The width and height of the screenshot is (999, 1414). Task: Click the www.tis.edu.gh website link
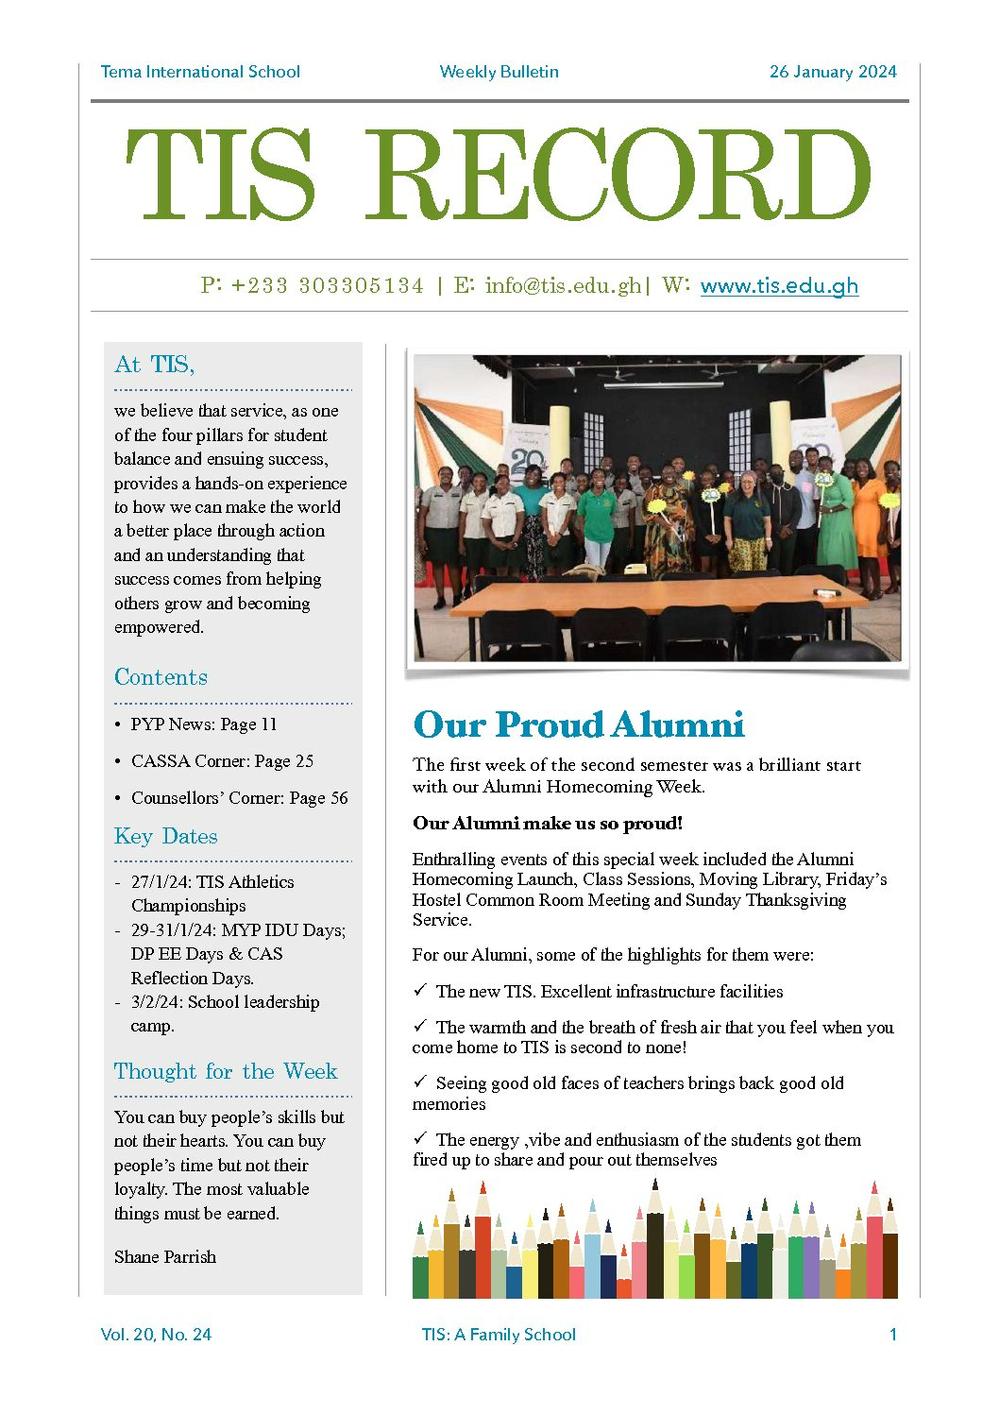(x=779, y=286)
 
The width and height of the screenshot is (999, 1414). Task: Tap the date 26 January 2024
(x=833, y=72)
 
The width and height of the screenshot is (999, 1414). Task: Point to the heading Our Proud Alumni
(x=579, y=724)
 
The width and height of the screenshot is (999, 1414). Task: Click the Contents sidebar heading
(x=161, y=677)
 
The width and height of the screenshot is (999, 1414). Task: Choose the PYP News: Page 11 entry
(x=203, y=724)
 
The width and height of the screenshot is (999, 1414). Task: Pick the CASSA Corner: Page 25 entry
(x=222, y=761)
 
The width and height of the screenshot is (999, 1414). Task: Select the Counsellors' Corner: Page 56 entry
(x=239, y=798)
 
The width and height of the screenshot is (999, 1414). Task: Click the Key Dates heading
(x=165, y=837)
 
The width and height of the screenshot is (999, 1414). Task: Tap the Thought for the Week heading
(x=225, y=1072)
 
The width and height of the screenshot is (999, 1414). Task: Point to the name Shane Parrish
(x=165, y=1257)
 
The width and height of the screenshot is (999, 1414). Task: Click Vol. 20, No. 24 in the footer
(x=156, y=1335)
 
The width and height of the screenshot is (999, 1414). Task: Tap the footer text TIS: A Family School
(x=499, y=1335)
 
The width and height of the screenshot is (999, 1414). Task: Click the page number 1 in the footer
(x=892, y=1335)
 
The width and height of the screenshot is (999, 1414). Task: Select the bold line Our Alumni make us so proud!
(x=547, y=824)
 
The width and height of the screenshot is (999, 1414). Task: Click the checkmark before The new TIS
(x=420, y=991)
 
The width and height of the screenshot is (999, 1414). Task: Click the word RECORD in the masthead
(x=618, y=176)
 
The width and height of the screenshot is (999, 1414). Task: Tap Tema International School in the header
(x=200, y=72)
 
